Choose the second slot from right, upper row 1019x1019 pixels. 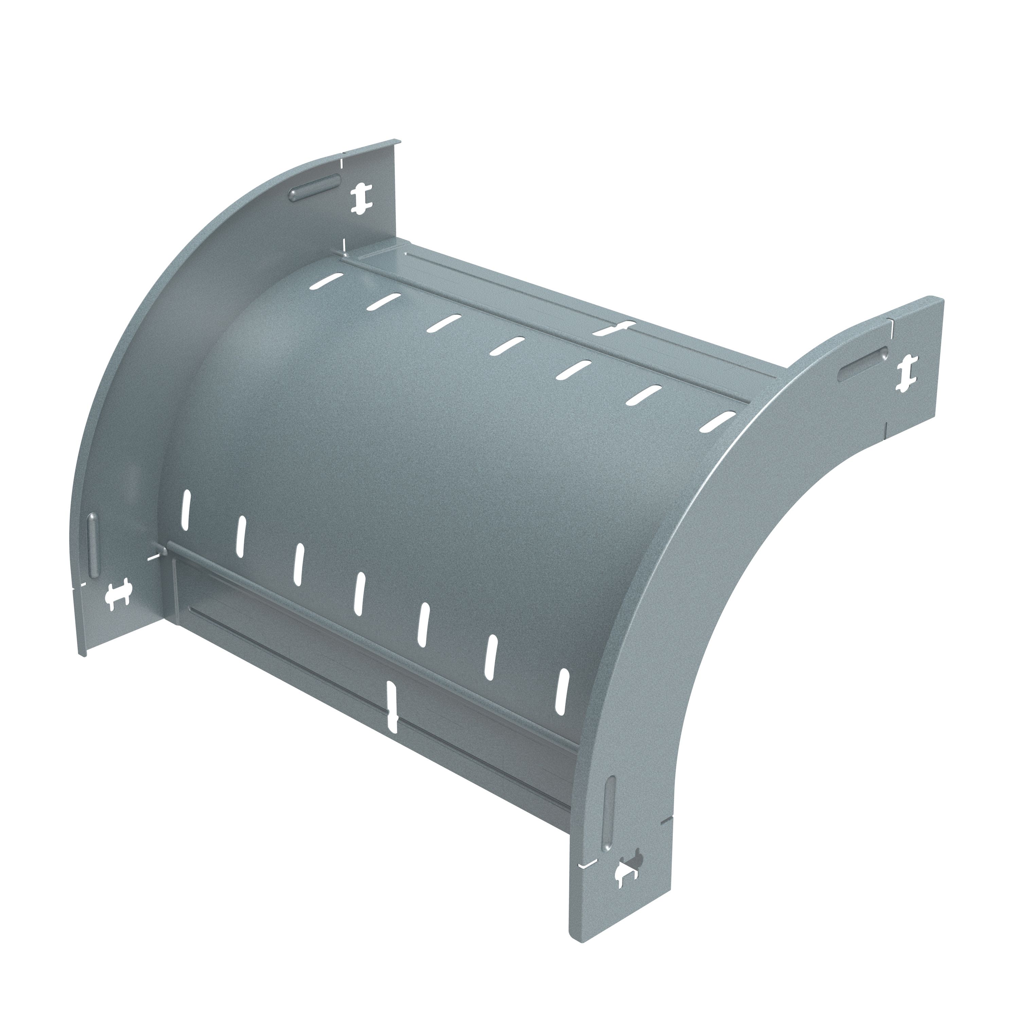645,394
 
